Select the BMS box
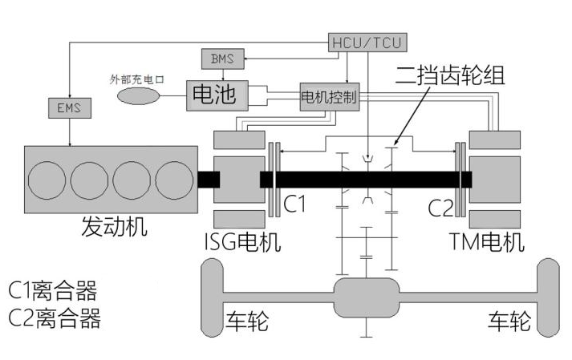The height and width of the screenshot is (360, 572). tap(222, 59)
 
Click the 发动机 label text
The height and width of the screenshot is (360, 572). tap(115, 226)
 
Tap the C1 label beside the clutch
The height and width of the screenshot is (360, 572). tap(295, 205)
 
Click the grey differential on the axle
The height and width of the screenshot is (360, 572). tap(368, 298)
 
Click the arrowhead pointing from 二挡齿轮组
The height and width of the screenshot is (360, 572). tap(396, 145)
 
